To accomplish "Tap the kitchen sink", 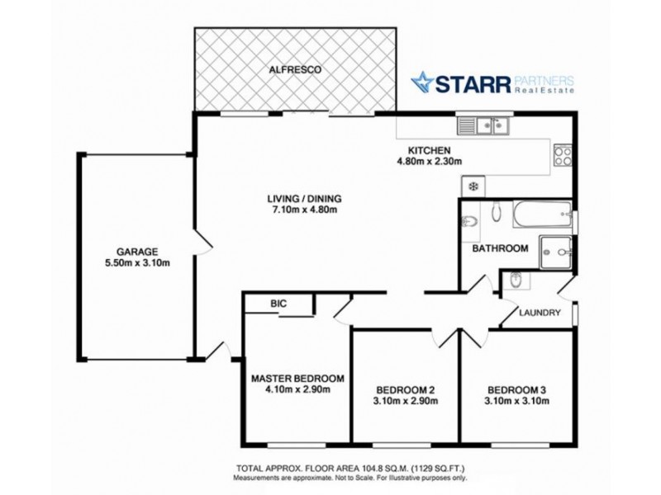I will [x=485, y=126].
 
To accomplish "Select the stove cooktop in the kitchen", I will [x=564, y=154].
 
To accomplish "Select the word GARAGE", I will [x=137, y=252].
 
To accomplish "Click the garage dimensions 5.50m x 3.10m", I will [x=137, y=264].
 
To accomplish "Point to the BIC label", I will [x=278, y=304].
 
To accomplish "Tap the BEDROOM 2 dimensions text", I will [x=406, y=402].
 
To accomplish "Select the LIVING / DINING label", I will [x=303, y=199].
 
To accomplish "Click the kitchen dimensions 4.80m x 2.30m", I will [x=428, y=162].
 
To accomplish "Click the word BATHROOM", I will [x=500, y=248].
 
